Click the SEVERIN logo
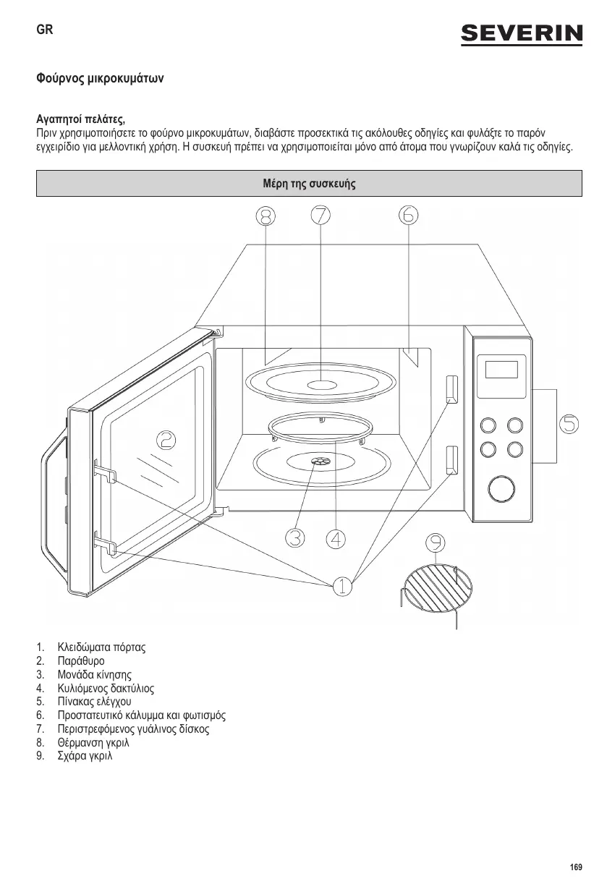(x=522, y=34)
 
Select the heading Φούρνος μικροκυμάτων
(x=100, y=77)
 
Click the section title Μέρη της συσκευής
(x=309, y=184)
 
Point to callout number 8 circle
(x=266, y=216)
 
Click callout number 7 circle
(x=321, y=215)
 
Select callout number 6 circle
(x=408, y=215)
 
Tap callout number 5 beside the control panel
(x=570, y=424)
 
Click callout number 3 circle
(x=294, y=538)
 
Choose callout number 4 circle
(x=336, y=538)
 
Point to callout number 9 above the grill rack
(x=436, y=543)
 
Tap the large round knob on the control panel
(x=500, y=488)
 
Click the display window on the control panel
(x=501, y=369)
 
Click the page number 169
(x=575, y=867)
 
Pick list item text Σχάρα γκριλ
(x=85, y=756)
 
